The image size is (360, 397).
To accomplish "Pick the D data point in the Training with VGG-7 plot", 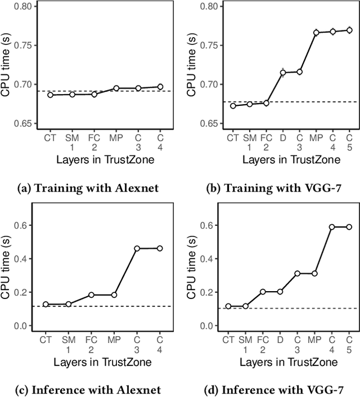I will coord(283,72).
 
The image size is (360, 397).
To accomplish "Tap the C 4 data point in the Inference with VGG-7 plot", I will coord(332,227).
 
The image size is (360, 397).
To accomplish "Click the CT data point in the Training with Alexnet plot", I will coord(50,95).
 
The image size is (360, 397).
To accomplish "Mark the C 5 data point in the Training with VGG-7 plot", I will coord(349,30).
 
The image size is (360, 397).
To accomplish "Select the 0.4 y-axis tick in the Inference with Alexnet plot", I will coord(25,259).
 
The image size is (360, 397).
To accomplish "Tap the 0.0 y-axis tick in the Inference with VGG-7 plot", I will coord(209,326).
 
